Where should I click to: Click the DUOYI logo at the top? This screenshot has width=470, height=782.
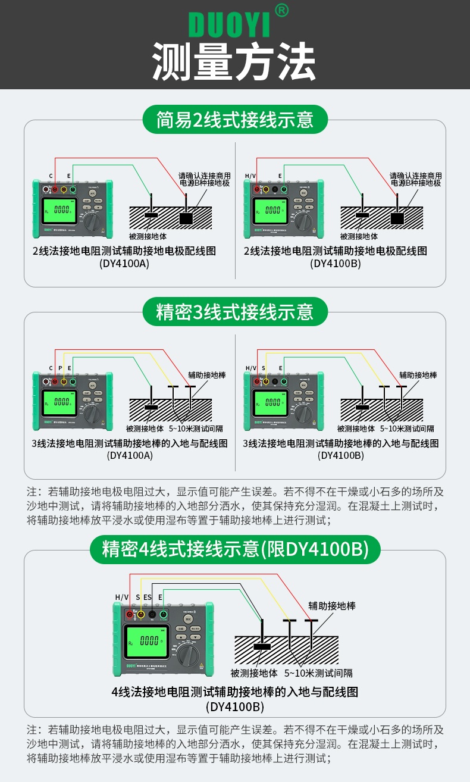point(229,24)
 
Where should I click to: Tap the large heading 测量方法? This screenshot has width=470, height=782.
point(234,61)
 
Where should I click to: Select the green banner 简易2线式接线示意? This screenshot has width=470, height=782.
point(234,120)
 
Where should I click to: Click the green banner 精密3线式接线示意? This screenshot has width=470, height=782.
point(234,311)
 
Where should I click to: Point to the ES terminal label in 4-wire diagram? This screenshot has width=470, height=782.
point(147,597)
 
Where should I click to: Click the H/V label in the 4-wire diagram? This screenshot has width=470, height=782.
point(122,597)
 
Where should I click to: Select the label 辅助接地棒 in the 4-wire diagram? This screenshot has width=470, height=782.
point(331,605)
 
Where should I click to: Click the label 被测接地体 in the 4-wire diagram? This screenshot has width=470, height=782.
point(254,673)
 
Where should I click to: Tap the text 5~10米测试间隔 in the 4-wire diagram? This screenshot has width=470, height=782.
point(318,673)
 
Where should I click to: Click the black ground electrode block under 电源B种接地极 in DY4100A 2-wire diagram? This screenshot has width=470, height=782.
point(186,218)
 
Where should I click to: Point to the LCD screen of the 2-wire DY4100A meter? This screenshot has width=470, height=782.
point(60,210)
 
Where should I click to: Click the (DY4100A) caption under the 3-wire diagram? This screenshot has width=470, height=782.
point(130,455)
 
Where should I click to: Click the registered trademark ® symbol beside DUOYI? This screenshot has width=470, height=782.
point(283,10)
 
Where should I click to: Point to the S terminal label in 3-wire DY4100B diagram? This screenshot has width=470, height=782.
point(263,368)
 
